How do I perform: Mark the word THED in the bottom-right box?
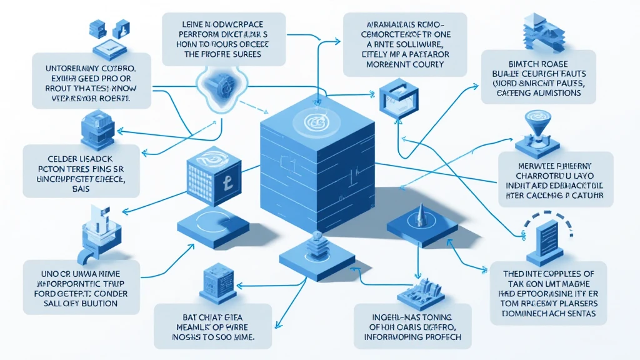point(516,273)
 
